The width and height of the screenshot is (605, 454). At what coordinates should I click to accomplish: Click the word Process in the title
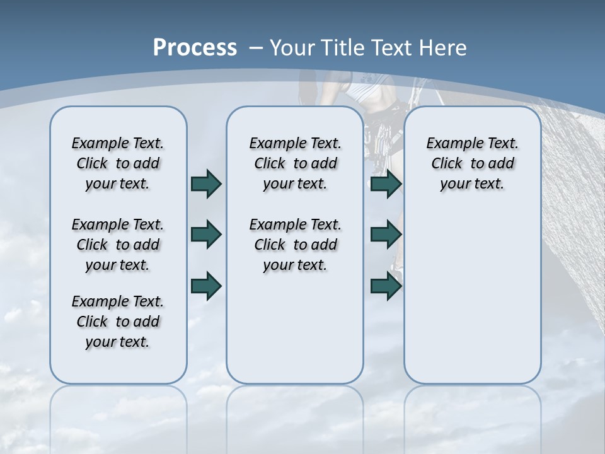[195, 47]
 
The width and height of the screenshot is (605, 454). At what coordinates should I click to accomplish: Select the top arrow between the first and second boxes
[205, 183]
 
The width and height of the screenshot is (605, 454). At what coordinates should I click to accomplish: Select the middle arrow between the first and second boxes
[205, 235]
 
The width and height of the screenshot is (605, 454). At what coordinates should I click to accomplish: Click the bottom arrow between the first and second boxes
[205, 286]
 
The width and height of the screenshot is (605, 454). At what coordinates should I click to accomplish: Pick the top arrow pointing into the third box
[386, 183]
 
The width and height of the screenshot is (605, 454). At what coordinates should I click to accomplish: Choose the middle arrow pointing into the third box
[386, 235]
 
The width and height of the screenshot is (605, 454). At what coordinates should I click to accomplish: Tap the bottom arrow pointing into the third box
[386, 286]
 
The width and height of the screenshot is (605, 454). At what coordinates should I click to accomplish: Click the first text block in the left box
[118, 163]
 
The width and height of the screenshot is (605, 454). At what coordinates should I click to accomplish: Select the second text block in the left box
[118, 245]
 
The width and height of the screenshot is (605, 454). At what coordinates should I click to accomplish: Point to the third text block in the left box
[118, 322]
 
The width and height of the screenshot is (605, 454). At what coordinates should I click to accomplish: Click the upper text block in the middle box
[295, 163]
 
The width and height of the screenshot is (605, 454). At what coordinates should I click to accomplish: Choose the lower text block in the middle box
[295, 245]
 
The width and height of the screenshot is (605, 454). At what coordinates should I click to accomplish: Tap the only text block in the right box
[472, 163]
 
